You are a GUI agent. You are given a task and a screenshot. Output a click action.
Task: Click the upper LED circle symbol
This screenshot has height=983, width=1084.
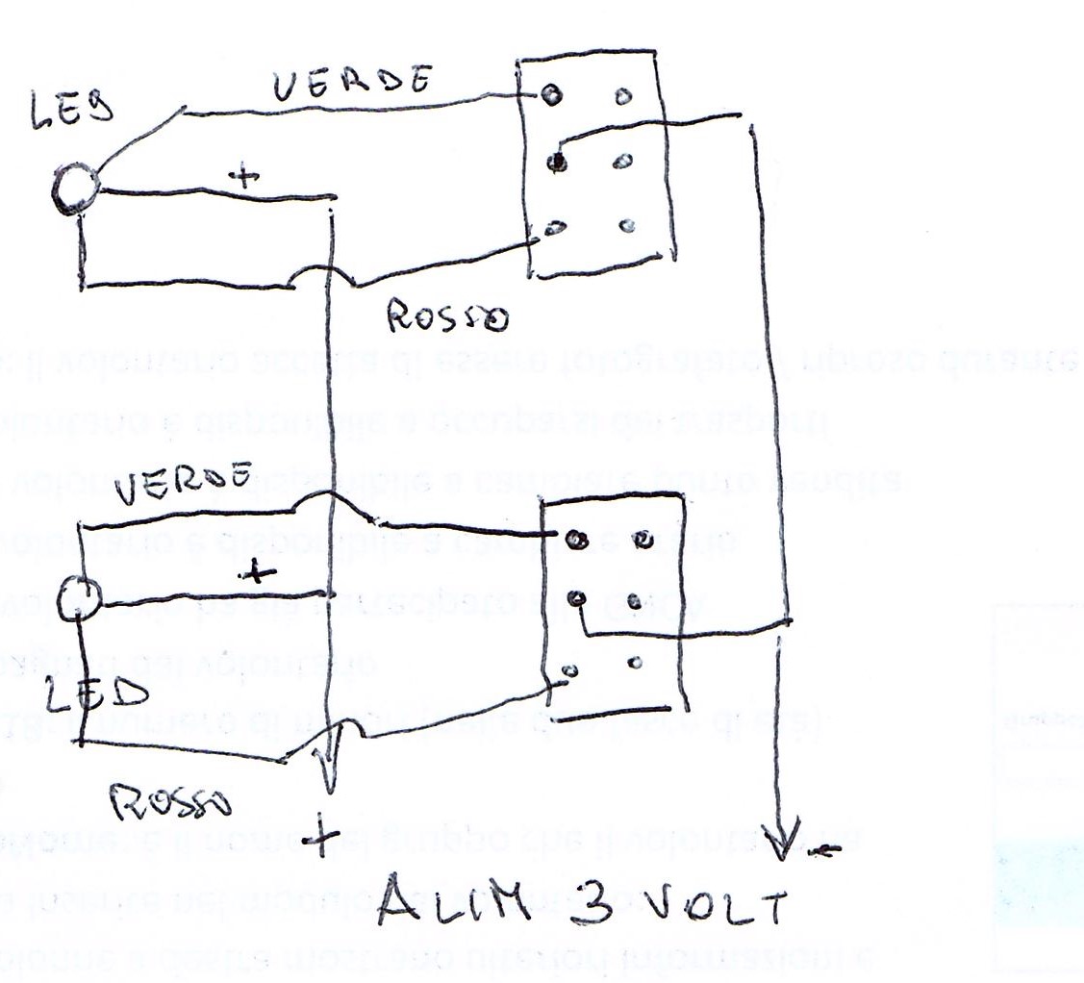pos(74,189)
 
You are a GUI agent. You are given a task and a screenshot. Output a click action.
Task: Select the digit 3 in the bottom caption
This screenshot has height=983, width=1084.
pos(597,905)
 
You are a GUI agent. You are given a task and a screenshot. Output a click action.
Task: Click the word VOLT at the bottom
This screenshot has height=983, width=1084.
pos(712,909)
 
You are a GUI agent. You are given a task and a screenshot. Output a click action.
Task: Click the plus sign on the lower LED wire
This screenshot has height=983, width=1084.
pos(255,573)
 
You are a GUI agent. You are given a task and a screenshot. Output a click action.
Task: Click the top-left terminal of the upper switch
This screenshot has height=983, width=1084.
pos(551,94)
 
